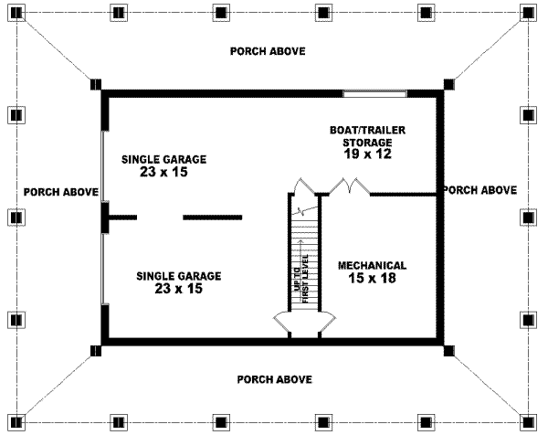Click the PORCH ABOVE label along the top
[x=268, y=51]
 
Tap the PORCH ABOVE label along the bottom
[x=274, y=378]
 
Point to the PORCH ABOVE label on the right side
[x=479, y=190]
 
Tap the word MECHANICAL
[x=372, y=266]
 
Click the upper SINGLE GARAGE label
[x=164, y=159]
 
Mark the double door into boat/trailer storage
[x=349, y=188]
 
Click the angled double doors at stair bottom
[x=304, y=319]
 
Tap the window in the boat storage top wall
[x=374, y=93]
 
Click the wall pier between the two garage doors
[x=105, y=217]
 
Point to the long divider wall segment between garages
[x=212, y=217]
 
